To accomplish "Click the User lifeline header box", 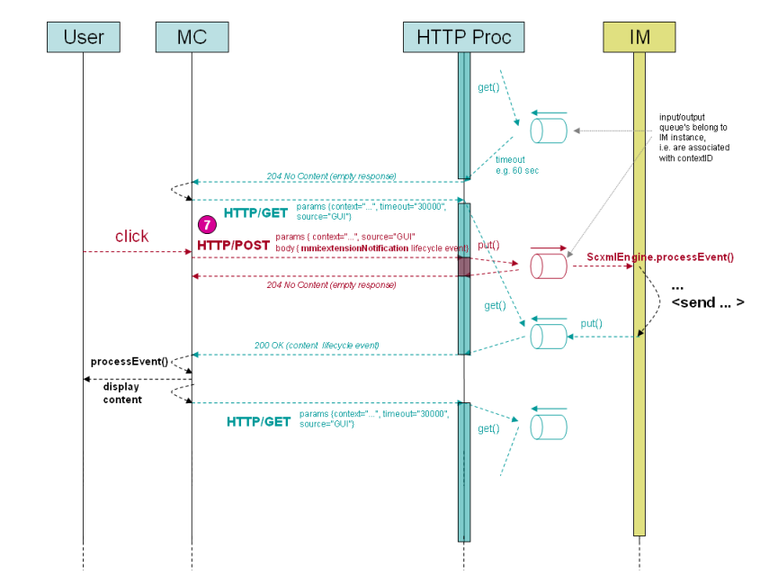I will pos(83,37).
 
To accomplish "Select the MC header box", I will pos(192,37).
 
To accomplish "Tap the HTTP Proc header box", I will pos(463,37).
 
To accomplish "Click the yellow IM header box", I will pos(639,37).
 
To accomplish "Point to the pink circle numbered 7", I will pos(207,222).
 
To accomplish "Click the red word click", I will pos(131,237).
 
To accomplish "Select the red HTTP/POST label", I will pos(233,245).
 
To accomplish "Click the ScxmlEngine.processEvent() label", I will pos(659,257).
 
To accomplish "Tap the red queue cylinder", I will pos(548,266).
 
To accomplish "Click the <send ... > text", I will pos(707,302).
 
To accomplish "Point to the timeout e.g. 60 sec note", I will pos(516,166).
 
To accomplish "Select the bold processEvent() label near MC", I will pos(130,361).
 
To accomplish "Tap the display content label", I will pos(122,394).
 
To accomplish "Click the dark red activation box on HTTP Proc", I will pos(464,266).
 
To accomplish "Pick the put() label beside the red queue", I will pos(488,245).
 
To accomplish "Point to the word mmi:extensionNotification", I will pos(354,247).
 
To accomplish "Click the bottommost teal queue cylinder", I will pos(548,427).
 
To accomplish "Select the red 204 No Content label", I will pos(331,284).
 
